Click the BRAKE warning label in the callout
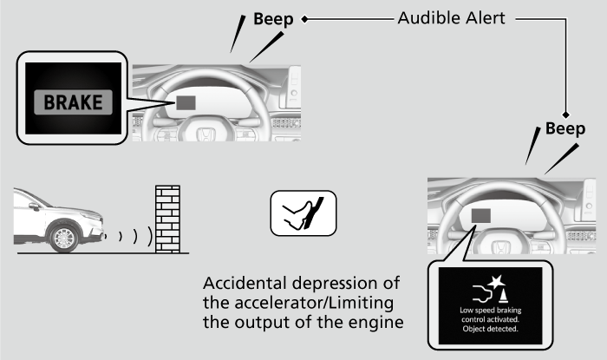pyautogui.click(x=73, y=102)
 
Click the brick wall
pyautogui.click(x=167, y=219)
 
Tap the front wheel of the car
pyautogui.click(x=65, y=237)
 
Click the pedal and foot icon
pyautogui.click(x=303, y=213)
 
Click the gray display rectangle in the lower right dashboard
pyautogui.click(x=481, y=217)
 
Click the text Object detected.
pyautogui.click(x=490, y=330)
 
